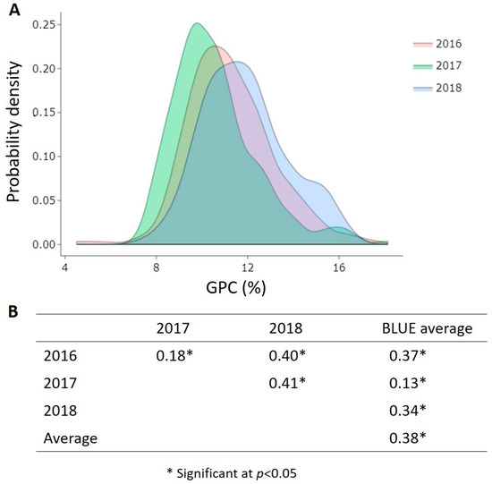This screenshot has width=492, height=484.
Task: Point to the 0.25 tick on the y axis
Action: (x=46, y=25)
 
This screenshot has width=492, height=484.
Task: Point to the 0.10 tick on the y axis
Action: (x=46, y=157)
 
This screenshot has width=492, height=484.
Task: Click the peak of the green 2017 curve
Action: (x=196, y=24)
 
